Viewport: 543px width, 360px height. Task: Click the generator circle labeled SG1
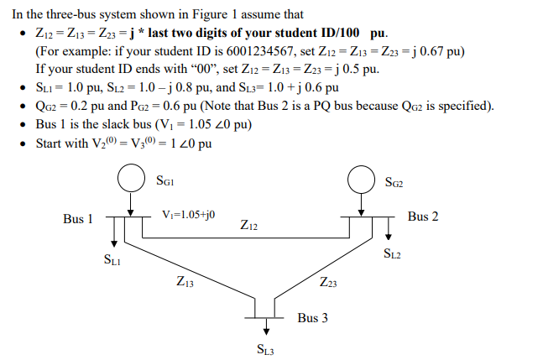click(x=130, y=179)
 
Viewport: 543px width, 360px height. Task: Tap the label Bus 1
click(x=78, y=219)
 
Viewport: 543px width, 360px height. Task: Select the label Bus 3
click(x=312, y=319)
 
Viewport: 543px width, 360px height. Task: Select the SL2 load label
click(x=391, y=253)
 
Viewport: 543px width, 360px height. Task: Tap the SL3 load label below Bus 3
click(x=265, y=349)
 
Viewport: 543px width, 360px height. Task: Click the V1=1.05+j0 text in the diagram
click(x=189, y=215)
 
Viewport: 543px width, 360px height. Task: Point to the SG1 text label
click(x=165, y=180)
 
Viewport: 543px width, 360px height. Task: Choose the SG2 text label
click(x=394, y=181)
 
